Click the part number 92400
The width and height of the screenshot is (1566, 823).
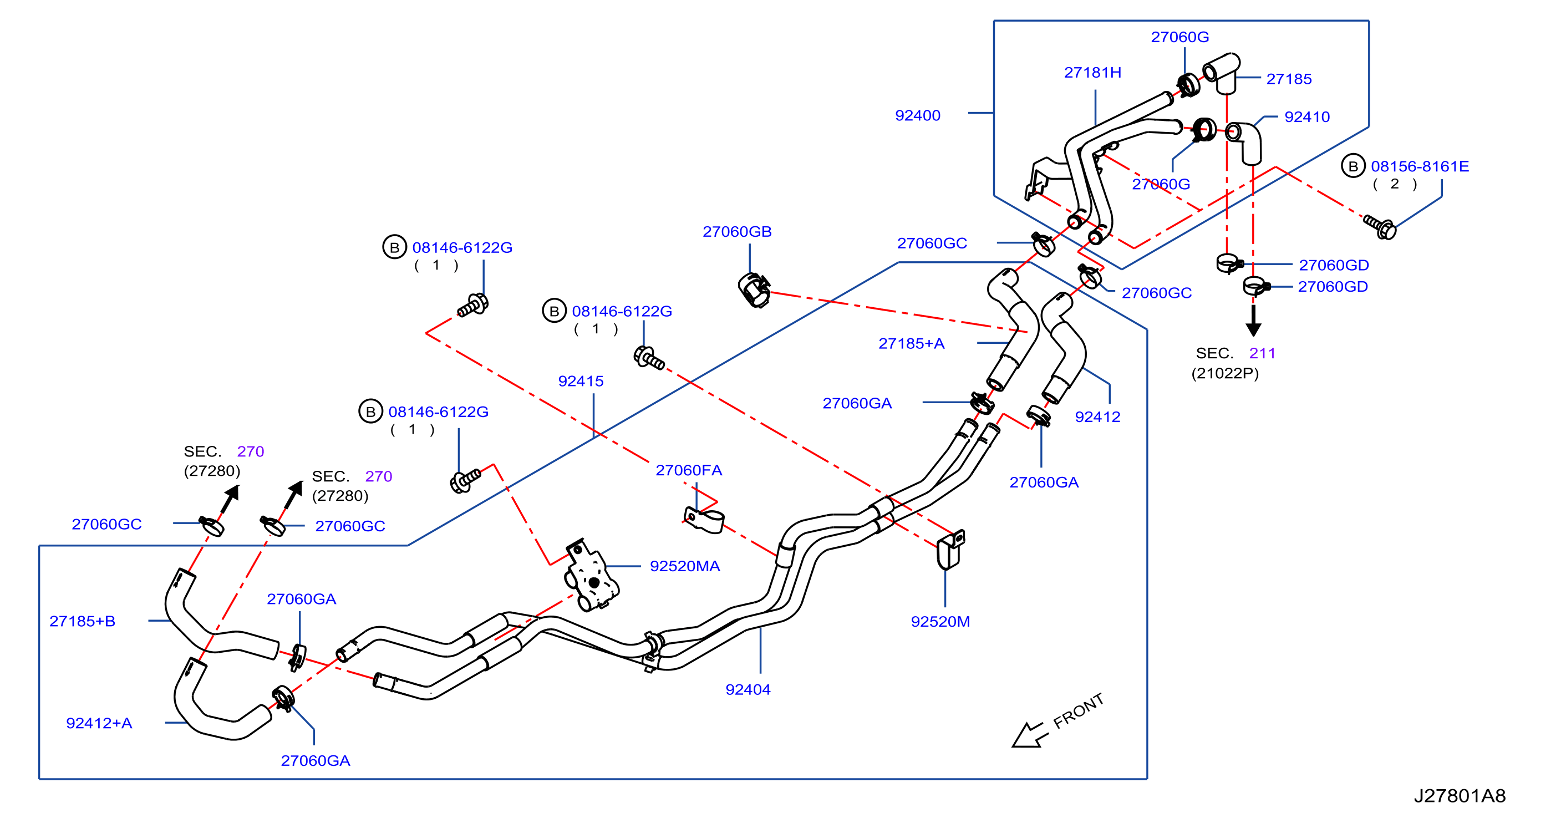917,115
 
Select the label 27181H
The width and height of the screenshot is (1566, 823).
1092,72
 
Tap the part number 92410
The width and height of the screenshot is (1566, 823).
1307,116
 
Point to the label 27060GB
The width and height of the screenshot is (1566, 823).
737,232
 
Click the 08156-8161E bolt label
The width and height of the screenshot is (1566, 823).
1420,166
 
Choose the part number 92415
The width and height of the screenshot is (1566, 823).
581,381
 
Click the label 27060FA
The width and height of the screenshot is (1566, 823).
689,470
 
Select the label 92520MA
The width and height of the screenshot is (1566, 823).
684,566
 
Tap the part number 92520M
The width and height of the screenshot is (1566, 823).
940,621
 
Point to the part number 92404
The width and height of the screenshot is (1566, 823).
748,689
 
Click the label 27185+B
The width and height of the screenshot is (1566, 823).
82,621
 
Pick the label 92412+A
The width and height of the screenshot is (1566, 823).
99,723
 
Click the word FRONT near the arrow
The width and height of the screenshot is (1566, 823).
1079,711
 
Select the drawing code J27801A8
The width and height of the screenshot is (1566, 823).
1460,796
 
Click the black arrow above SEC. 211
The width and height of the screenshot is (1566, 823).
1253,321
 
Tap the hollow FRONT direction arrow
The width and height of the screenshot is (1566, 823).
1028,735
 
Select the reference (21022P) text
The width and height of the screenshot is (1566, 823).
1225,373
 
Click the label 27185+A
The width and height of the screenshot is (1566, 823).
911,343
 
